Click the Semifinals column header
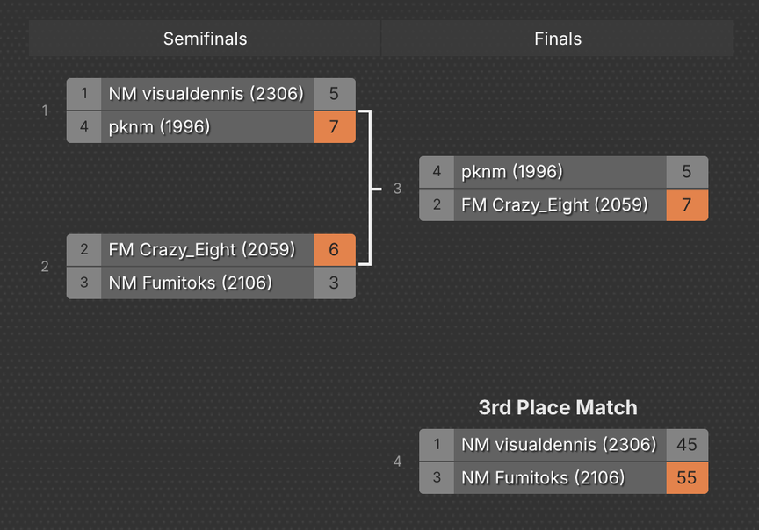tap(205, 39)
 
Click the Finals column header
tap(558, 39)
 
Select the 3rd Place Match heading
tap(558, 407)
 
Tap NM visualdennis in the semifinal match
tap(206, 94)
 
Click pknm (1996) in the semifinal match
tap(160, 127)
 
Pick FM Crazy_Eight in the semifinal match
tap(201, 250)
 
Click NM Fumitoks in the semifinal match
tap(190, 283)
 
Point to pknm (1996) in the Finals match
tap(512, 172)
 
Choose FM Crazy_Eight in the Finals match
tap(554, 204)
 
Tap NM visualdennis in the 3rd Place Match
tap(559, 445)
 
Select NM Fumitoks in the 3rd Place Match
tap(543, 477)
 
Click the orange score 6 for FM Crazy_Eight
tap(334, 250)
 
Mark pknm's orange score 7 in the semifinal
tap(334, 127)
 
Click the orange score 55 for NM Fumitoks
tap(687, 477)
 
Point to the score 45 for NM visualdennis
tap(687, 445)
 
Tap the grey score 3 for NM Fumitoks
tap(334, 283)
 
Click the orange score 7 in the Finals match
tap(687, 204)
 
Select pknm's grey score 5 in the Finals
tap(687, 172)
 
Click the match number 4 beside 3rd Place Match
tap(397, 461)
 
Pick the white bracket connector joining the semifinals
tap(370, 188)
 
